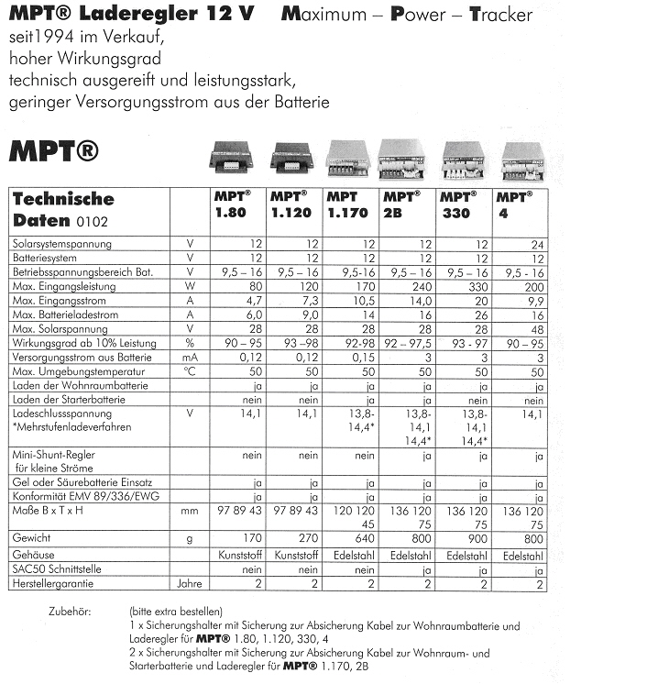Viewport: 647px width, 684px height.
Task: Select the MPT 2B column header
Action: pyautogui.click(x=401, y=204)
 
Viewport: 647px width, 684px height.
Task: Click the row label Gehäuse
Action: pyautogui.click(x=32, y=555)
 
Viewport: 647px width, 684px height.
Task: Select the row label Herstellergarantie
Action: pyautogui.click(x=50, y=582)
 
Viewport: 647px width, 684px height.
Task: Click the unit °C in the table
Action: pyautogui.click(x=189, y=372)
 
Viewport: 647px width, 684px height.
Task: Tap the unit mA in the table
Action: pyautogui.click(x=189, y=358)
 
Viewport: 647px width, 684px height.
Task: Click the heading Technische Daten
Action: pyautogui.click(x=61, y=209)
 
